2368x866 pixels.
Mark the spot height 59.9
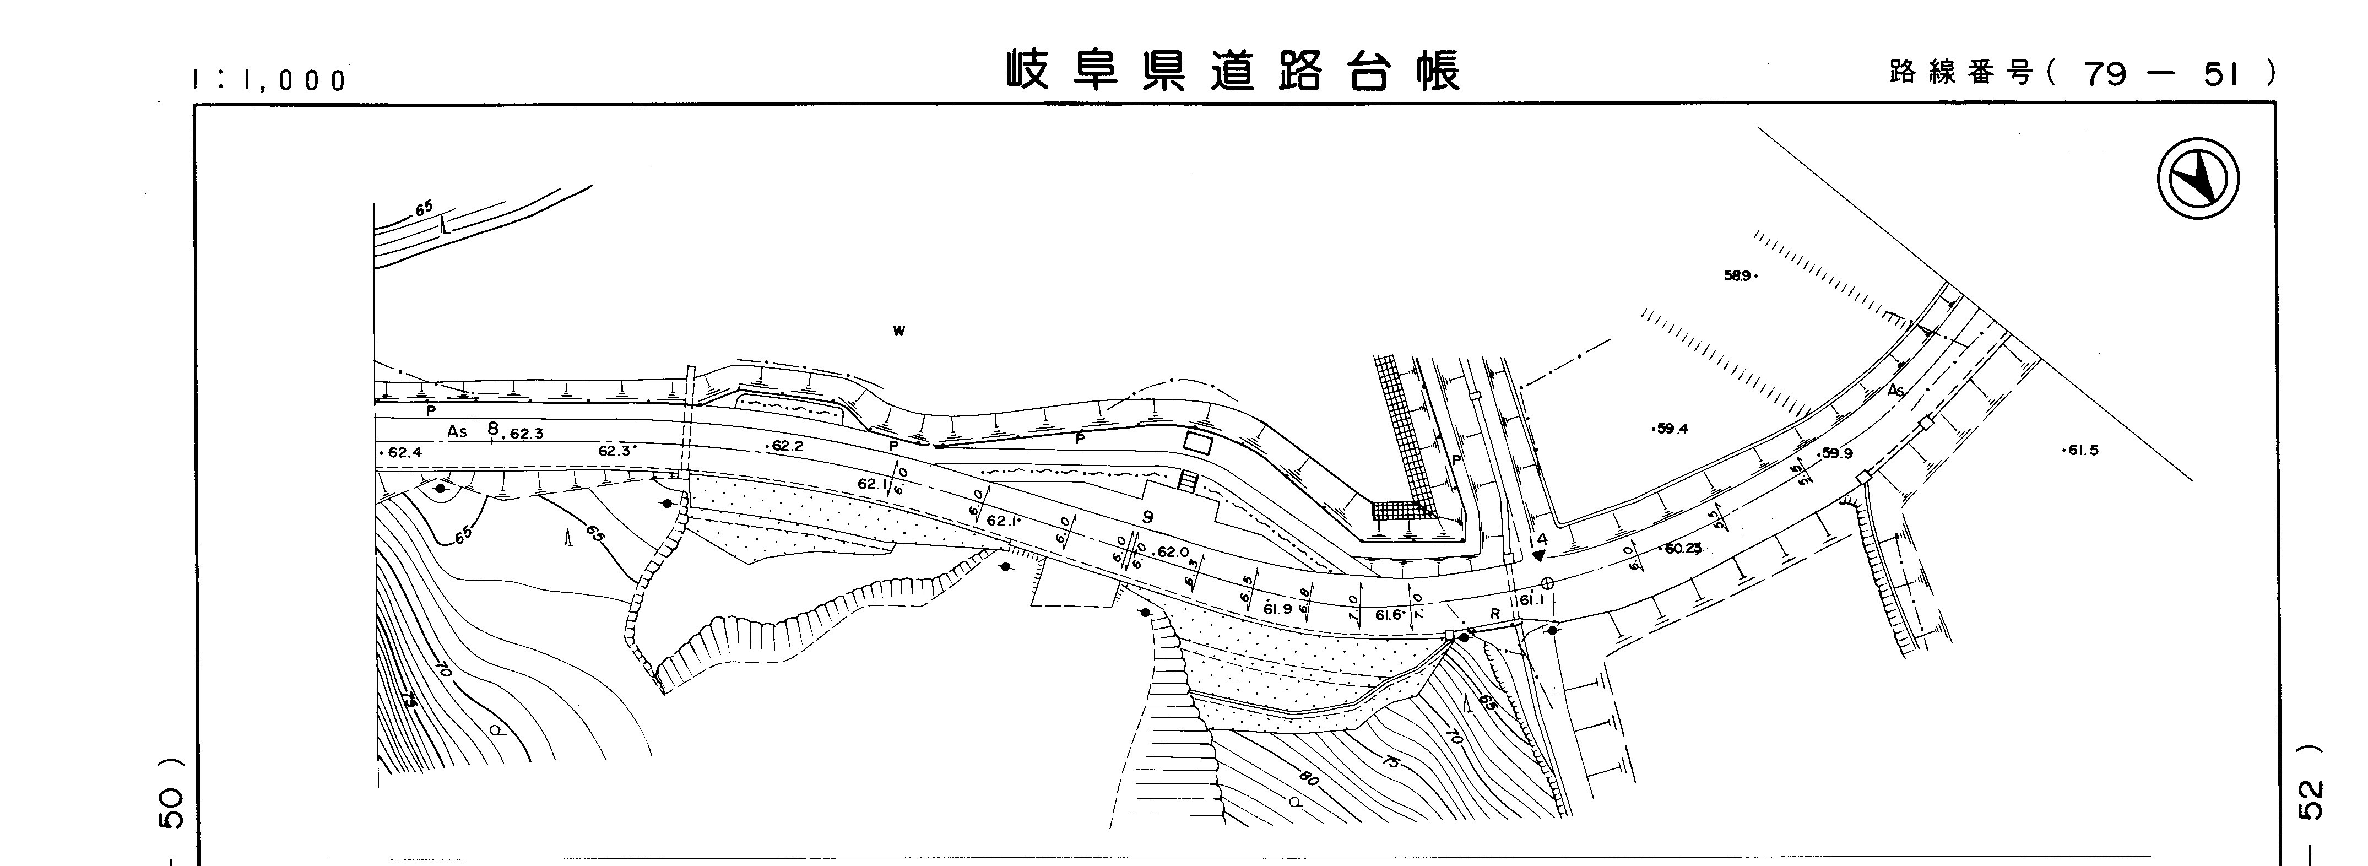pos(1836,454)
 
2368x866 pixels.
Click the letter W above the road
pos(899,331)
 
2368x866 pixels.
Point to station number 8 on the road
pos(493,429)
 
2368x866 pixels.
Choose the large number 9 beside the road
pos(1147,518)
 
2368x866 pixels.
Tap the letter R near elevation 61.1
pos(1495,613)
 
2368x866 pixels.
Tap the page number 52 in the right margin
pos(2315,800)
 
